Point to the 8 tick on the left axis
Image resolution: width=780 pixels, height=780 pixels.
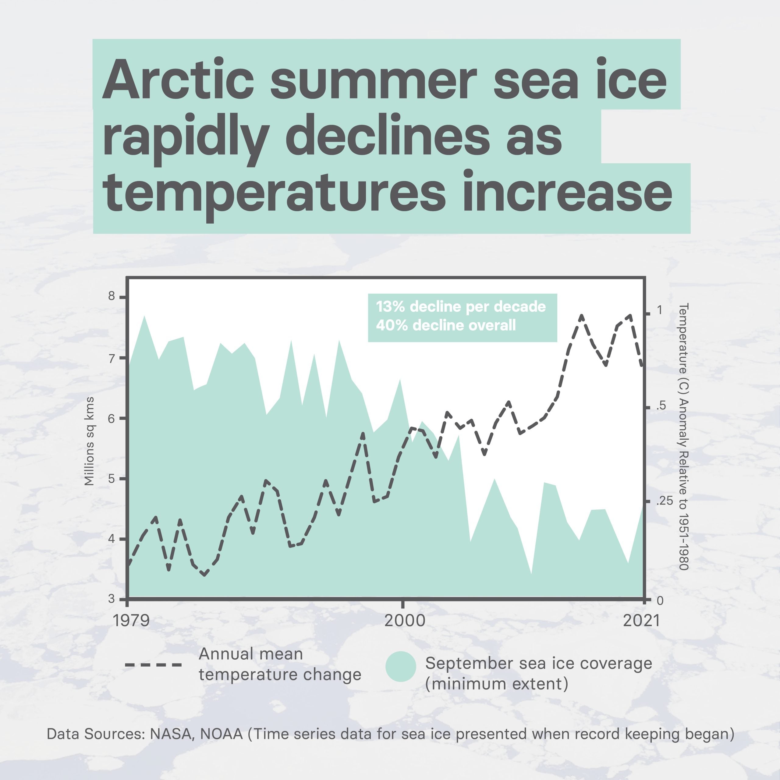point(112,296)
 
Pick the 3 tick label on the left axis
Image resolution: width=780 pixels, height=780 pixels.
point(112,599)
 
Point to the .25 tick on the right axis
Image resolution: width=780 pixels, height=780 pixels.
point(665,501)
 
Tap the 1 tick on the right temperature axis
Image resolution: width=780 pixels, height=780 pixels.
point(660,310)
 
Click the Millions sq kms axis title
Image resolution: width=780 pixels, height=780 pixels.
point(89,441)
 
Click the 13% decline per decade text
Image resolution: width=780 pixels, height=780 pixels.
point(461,307)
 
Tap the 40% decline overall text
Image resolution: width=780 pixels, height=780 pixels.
point(446,325)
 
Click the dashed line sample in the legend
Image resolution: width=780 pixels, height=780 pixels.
point(154,664)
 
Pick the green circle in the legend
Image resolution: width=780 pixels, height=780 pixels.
point(400,667)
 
